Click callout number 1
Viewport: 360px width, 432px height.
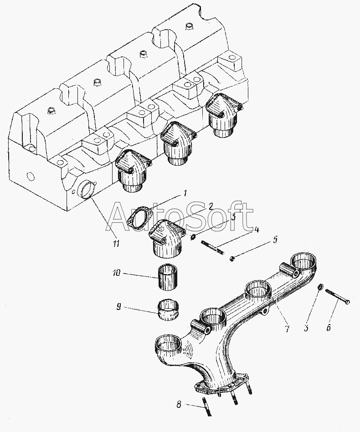tap(185, 193)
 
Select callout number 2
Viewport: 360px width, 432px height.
tap(211, 206)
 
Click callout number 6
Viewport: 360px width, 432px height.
tap(329, 326)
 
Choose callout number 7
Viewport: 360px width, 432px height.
tap(287, 328)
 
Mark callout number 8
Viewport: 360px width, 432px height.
tap(179, 403)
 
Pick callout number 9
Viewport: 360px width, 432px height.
tap(118, 307)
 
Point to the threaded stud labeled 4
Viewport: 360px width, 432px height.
tap(212, 247)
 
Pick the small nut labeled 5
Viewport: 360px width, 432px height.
tap(232, 259)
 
